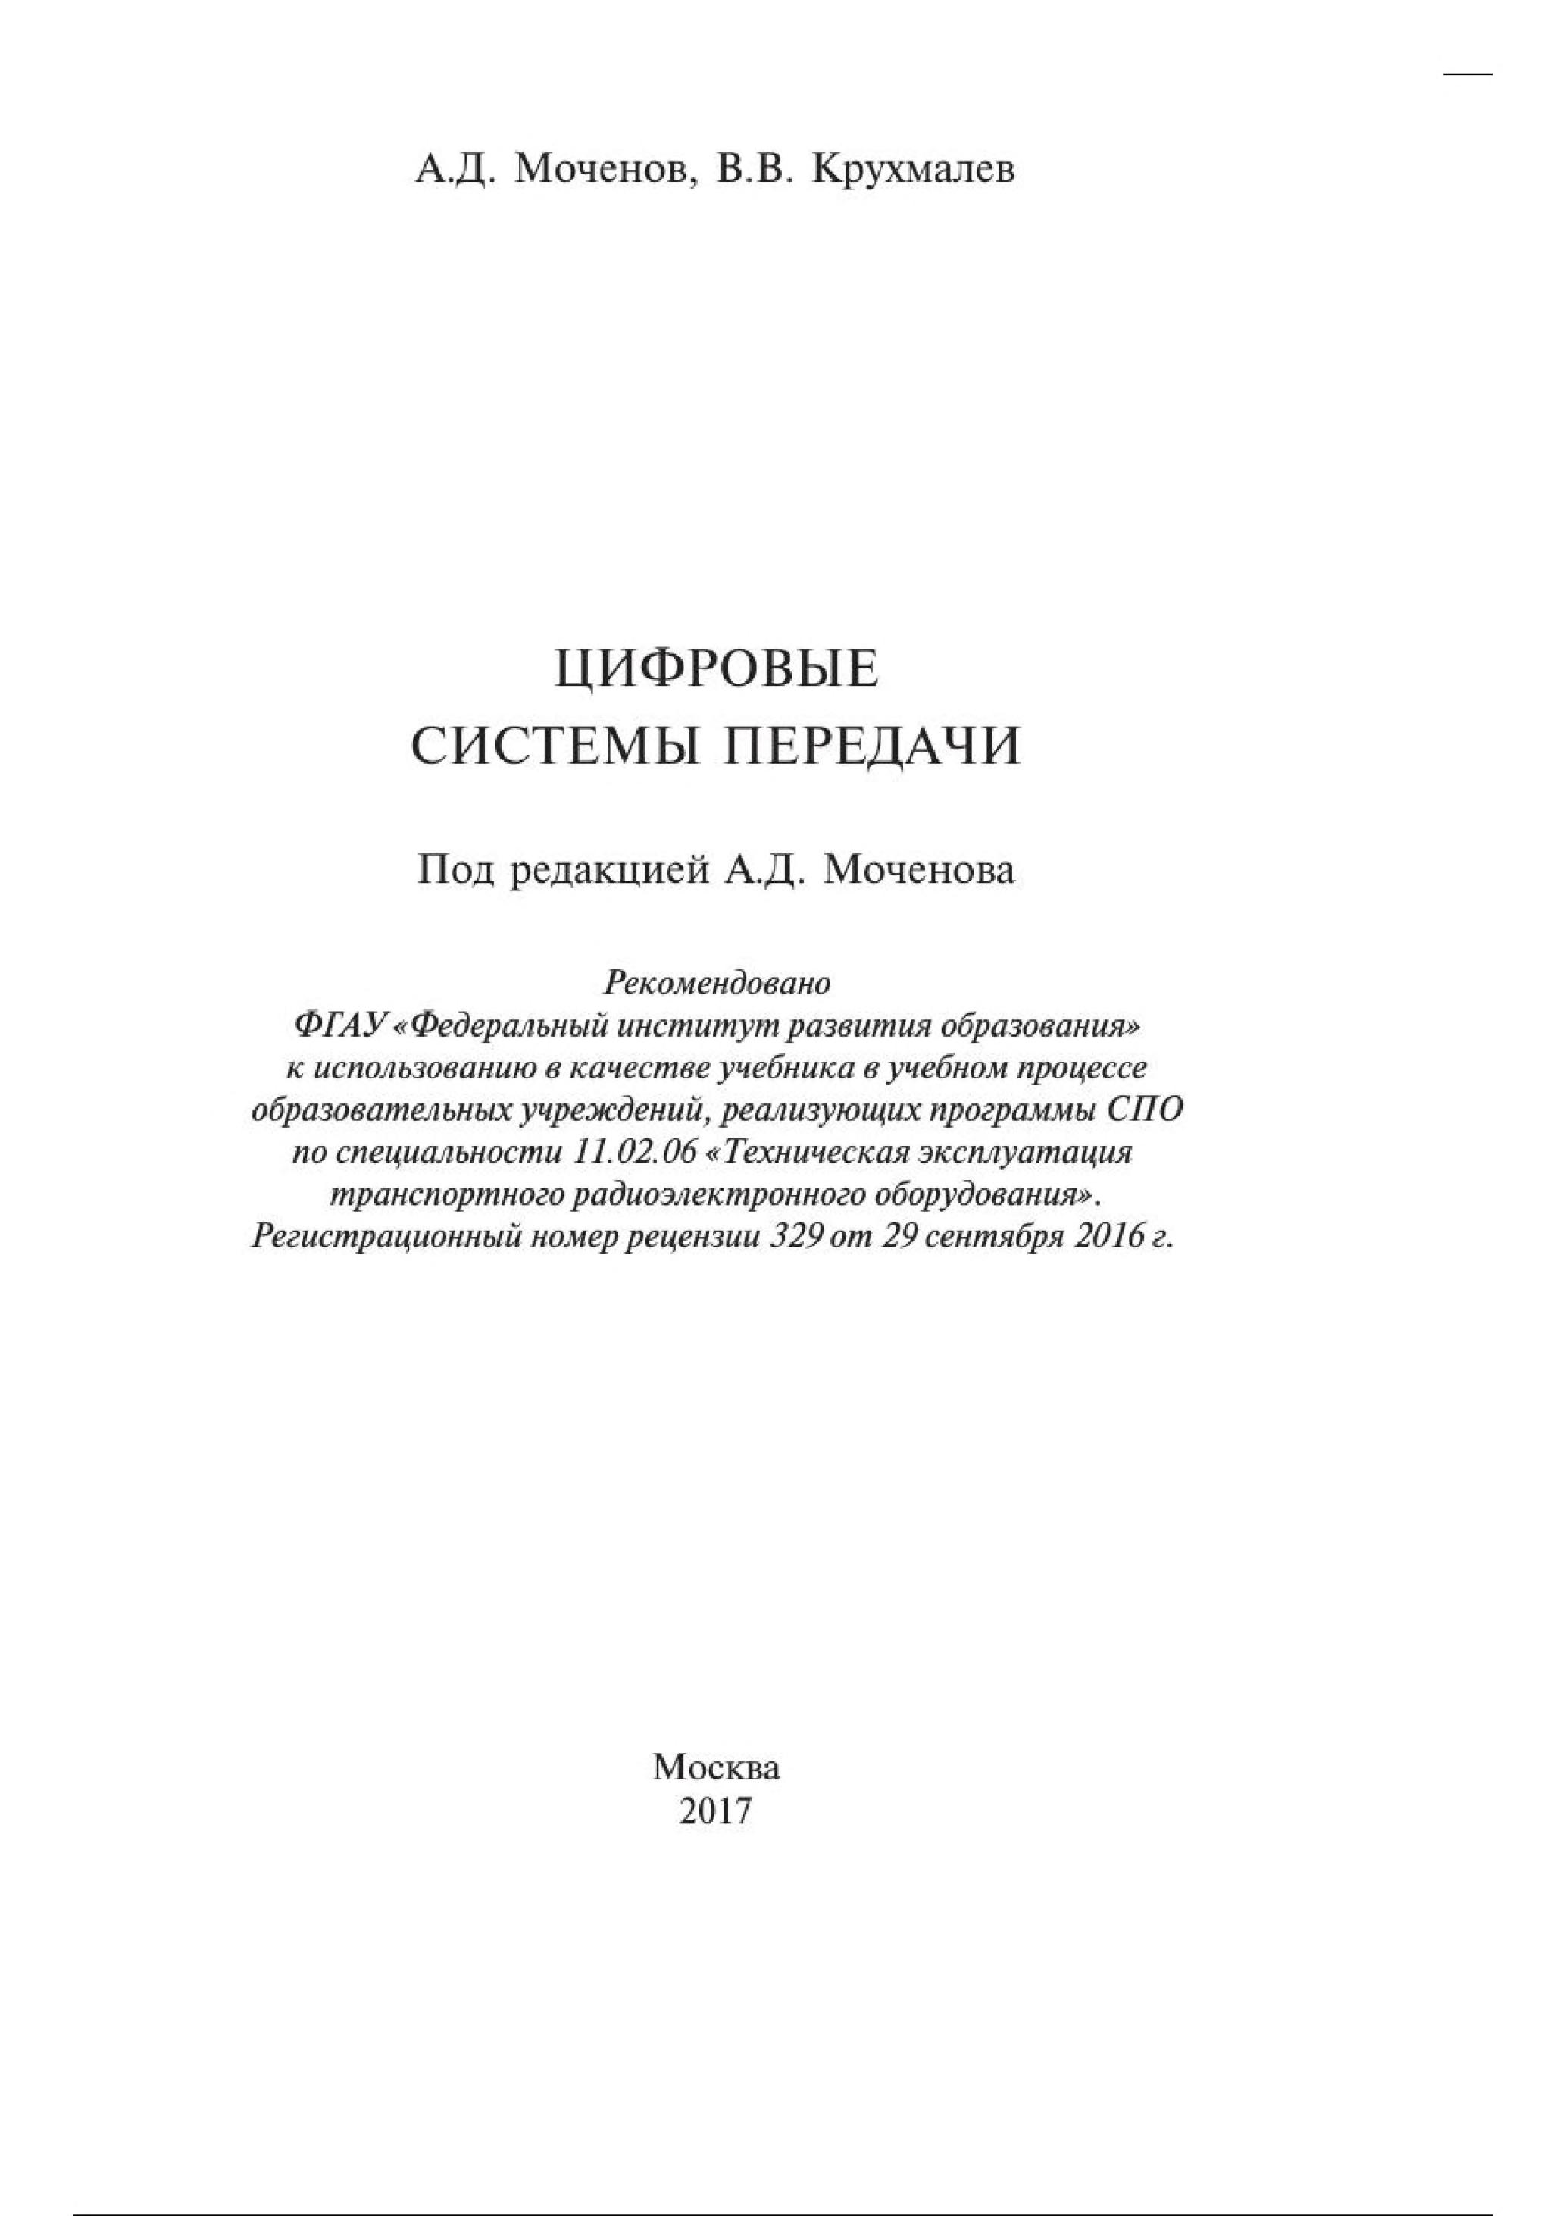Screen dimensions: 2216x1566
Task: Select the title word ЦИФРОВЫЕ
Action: [716, 669]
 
